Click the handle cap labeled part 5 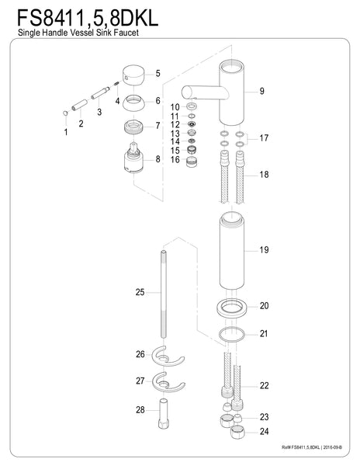[x=133, y=75]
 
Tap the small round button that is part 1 [x=66, y=113]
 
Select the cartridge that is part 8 [x=133, y=158]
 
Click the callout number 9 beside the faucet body [x=261, y=91]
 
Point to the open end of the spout [x=185, y=92]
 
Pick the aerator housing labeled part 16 [x=192, y=162]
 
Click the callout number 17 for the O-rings [x=264, y=138]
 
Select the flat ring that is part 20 [x=232, y=308]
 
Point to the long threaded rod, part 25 [x=163, y=294]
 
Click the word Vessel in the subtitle [x=82, y=32]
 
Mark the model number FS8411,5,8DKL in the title [x=88, y=19]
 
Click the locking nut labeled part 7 [x=133, y=127]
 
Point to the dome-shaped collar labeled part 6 [x=133, y=103]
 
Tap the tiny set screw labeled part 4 [x=116, y=84]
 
